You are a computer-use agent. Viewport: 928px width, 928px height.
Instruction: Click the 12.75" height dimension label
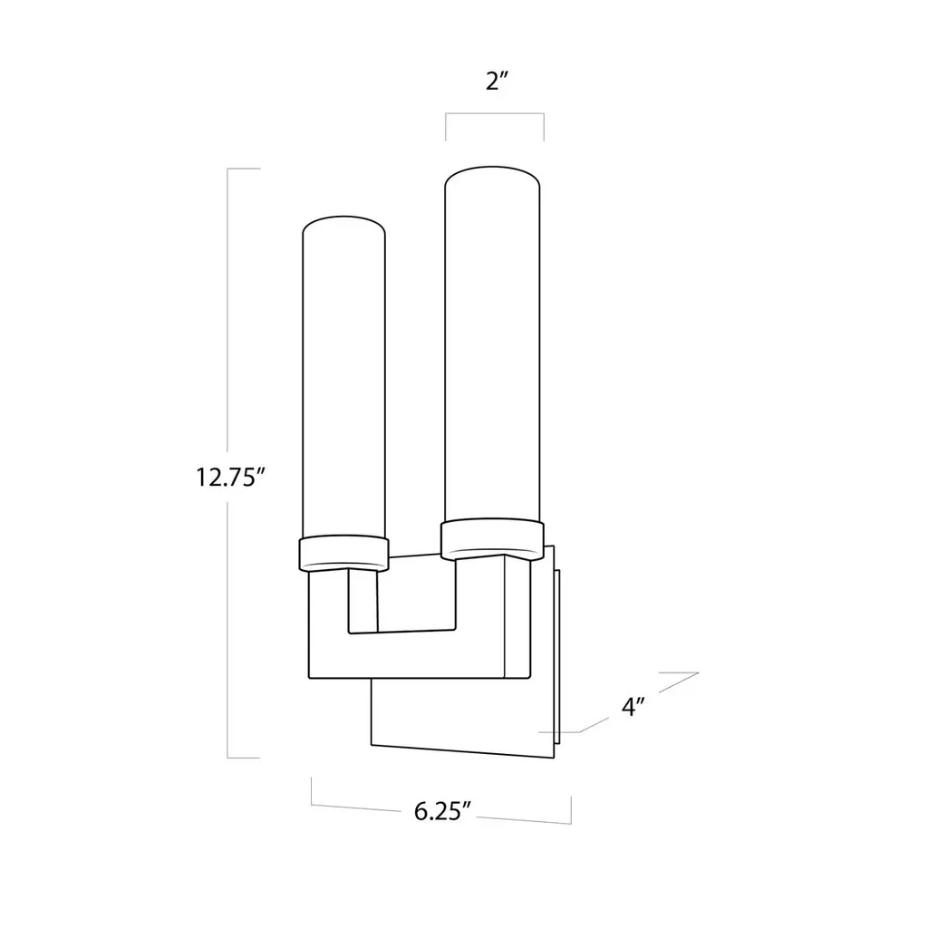click(229, 477)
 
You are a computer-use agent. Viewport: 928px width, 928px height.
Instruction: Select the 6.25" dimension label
click(442, 811)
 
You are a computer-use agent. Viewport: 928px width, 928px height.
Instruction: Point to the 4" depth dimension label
click(633, 706)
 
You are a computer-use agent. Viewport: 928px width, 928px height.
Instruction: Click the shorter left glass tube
click(343, 379)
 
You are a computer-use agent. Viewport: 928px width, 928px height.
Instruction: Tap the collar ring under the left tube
click(343, 554)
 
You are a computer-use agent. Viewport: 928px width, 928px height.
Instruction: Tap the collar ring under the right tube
click(492, 538)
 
